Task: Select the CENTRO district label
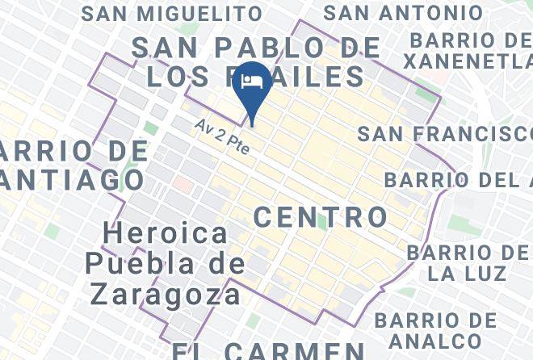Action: (x=321, y=216)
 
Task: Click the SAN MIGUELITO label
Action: (x=172, y=14)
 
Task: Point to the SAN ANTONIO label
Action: (x=403, y=14)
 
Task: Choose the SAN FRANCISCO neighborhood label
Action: (x=444, y=134)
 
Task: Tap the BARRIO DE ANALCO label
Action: (x=436, y=331)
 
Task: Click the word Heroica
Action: (x=166, y=234)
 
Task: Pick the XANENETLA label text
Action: (x=468, y=61)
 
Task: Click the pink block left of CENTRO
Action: (x=183, y=185)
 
